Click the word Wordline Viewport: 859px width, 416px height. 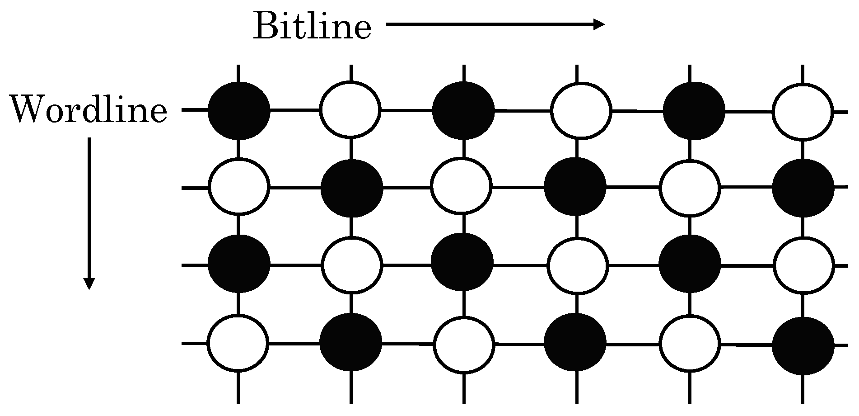[89, 110]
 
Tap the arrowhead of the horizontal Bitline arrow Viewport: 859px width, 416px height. [599, 24]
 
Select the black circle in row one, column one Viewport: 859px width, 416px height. [239, 110]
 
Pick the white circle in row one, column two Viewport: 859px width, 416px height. [351, 110]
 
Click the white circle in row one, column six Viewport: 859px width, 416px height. [803, 111]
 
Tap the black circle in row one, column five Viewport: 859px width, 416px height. [694, 111]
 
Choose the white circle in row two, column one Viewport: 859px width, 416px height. [239, 187]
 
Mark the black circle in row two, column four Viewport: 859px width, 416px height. [575, 187]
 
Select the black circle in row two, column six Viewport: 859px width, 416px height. [803, 188]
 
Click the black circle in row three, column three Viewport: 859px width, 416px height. [462, 263]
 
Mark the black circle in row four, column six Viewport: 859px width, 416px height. [803, 346]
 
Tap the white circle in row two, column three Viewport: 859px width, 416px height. [461, 187]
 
